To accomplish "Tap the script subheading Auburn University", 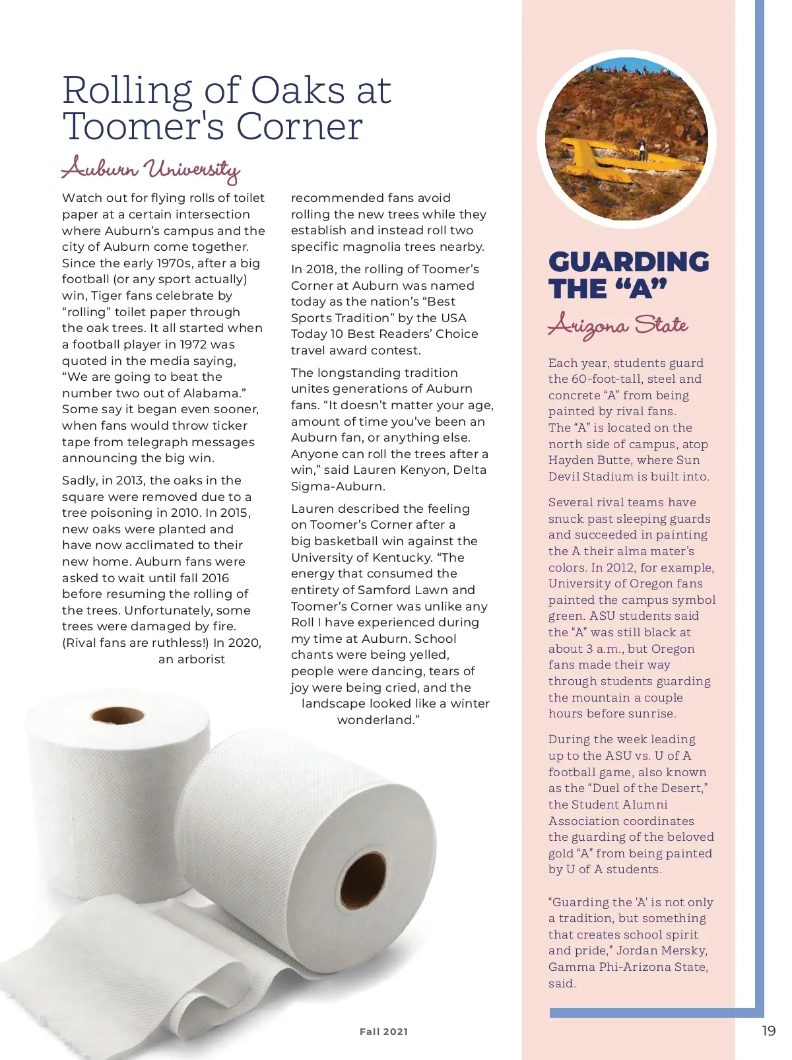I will coord(150,169).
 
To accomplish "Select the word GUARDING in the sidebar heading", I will coord(628,262).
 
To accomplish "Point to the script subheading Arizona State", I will coord(618,325).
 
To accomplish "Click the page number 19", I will coord(768,1031).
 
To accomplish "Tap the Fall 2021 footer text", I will coord(383,1032).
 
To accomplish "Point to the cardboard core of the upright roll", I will coord(117,715).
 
